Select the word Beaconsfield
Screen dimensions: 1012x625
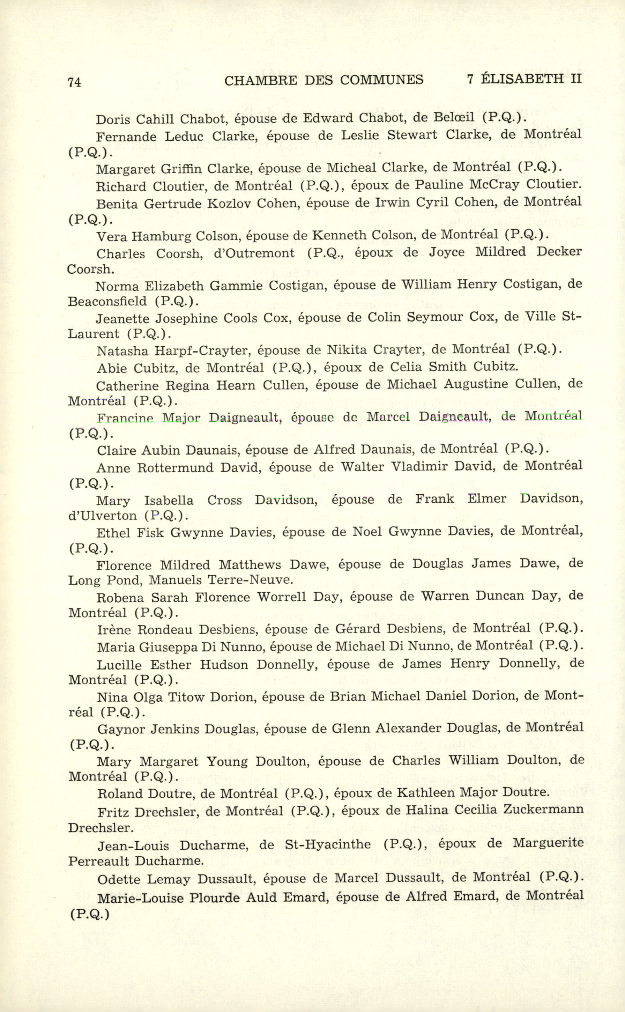coord(107,301)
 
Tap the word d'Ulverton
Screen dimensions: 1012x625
coord(103,516)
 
